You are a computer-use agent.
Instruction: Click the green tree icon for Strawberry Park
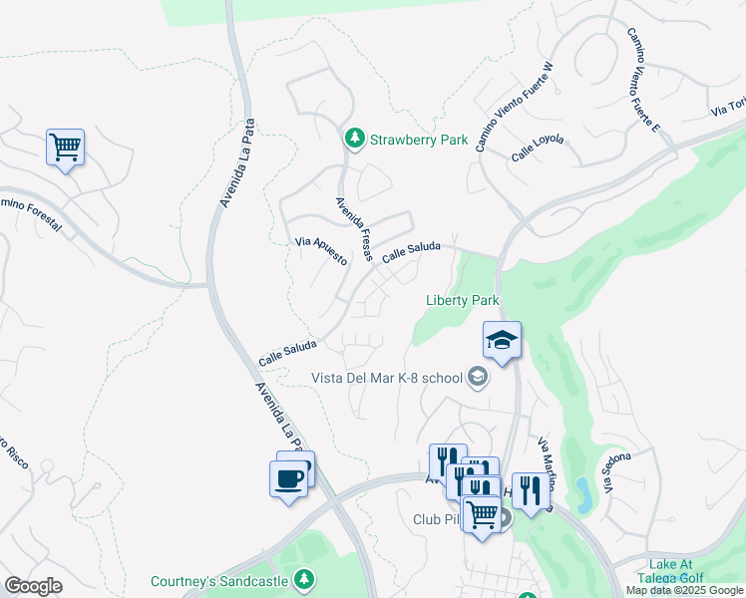click(353, 140)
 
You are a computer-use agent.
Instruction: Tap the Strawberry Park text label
click(419, 141)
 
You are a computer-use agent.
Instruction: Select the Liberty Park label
click(461, 300)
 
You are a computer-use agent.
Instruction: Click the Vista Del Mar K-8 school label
click(387, 378)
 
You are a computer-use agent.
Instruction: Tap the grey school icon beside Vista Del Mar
click(479, 377)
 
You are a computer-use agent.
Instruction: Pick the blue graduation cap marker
click(502, 341)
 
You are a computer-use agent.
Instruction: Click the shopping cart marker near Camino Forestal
click(65, 148)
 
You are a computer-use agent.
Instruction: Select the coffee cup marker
click(289, 478)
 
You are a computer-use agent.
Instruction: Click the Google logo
click(33, 586)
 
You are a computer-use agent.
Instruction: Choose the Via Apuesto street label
click(321, 250)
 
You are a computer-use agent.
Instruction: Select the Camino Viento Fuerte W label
click(513, 107)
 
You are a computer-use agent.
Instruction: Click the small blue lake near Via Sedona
click(581, 489)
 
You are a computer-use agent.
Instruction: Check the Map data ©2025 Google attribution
click(685, 590)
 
